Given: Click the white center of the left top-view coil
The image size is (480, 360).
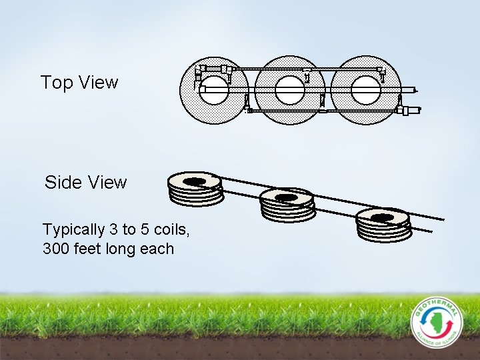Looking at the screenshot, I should click(214, 90).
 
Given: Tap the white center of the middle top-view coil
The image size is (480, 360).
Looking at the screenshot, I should click(290, 90).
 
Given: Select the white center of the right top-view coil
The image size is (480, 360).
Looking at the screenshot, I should click(365, 90).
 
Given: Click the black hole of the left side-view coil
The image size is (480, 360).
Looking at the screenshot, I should click(195, 181).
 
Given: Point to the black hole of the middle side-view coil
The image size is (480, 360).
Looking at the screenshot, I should click(287, 197).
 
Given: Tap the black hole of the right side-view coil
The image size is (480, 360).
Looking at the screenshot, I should click(382, 217).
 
